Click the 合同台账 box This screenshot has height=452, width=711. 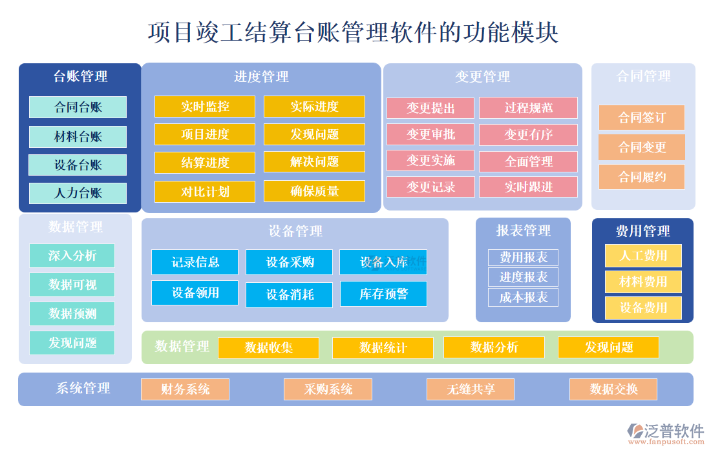pyautogui.click(x=78, y=107)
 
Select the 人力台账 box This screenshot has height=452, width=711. pyautogui.click(x=78, y=193)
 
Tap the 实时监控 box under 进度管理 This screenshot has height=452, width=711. pyautogui.click(x=204, y=107)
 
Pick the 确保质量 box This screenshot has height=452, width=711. pyautogui.click(x=314, y=191)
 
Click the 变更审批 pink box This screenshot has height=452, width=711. pyautogui.click(x=430, y=134)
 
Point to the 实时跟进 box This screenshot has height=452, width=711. pyautogui.click(x=528, y=187)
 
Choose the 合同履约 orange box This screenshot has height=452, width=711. pyautogui.click(x=641, y=177)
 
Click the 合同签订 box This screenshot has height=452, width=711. pyautogui.click(x=641, y=118)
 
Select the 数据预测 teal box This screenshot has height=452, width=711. pyautogui.click(x=72, y=314)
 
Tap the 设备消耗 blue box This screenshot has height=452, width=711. pyautogui.click(x=289, y=294)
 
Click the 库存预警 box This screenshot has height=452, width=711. pyautogui.click(x=383, y=294)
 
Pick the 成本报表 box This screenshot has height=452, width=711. pyautogui.click(x=523, y=298)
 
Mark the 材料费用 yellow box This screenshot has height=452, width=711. pyautogui.click(x=642, y=282)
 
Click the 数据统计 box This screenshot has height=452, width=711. pyautogui.click(x=383, y=348)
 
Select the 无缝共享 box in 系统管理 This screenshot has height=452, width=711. pyautogui.click(x=470, y=389)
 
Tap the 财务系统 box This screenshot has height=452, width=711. pyautogui.click(x=185, y=389)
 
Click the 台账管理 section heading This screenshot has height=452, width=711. pyautogui.click(x=80, y=77)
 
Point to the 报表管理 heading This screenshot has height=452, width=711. pyautogui.click(x=523, y=231)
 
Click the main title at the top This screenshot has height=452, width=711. pyautogui.click(x=354, y=32)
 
